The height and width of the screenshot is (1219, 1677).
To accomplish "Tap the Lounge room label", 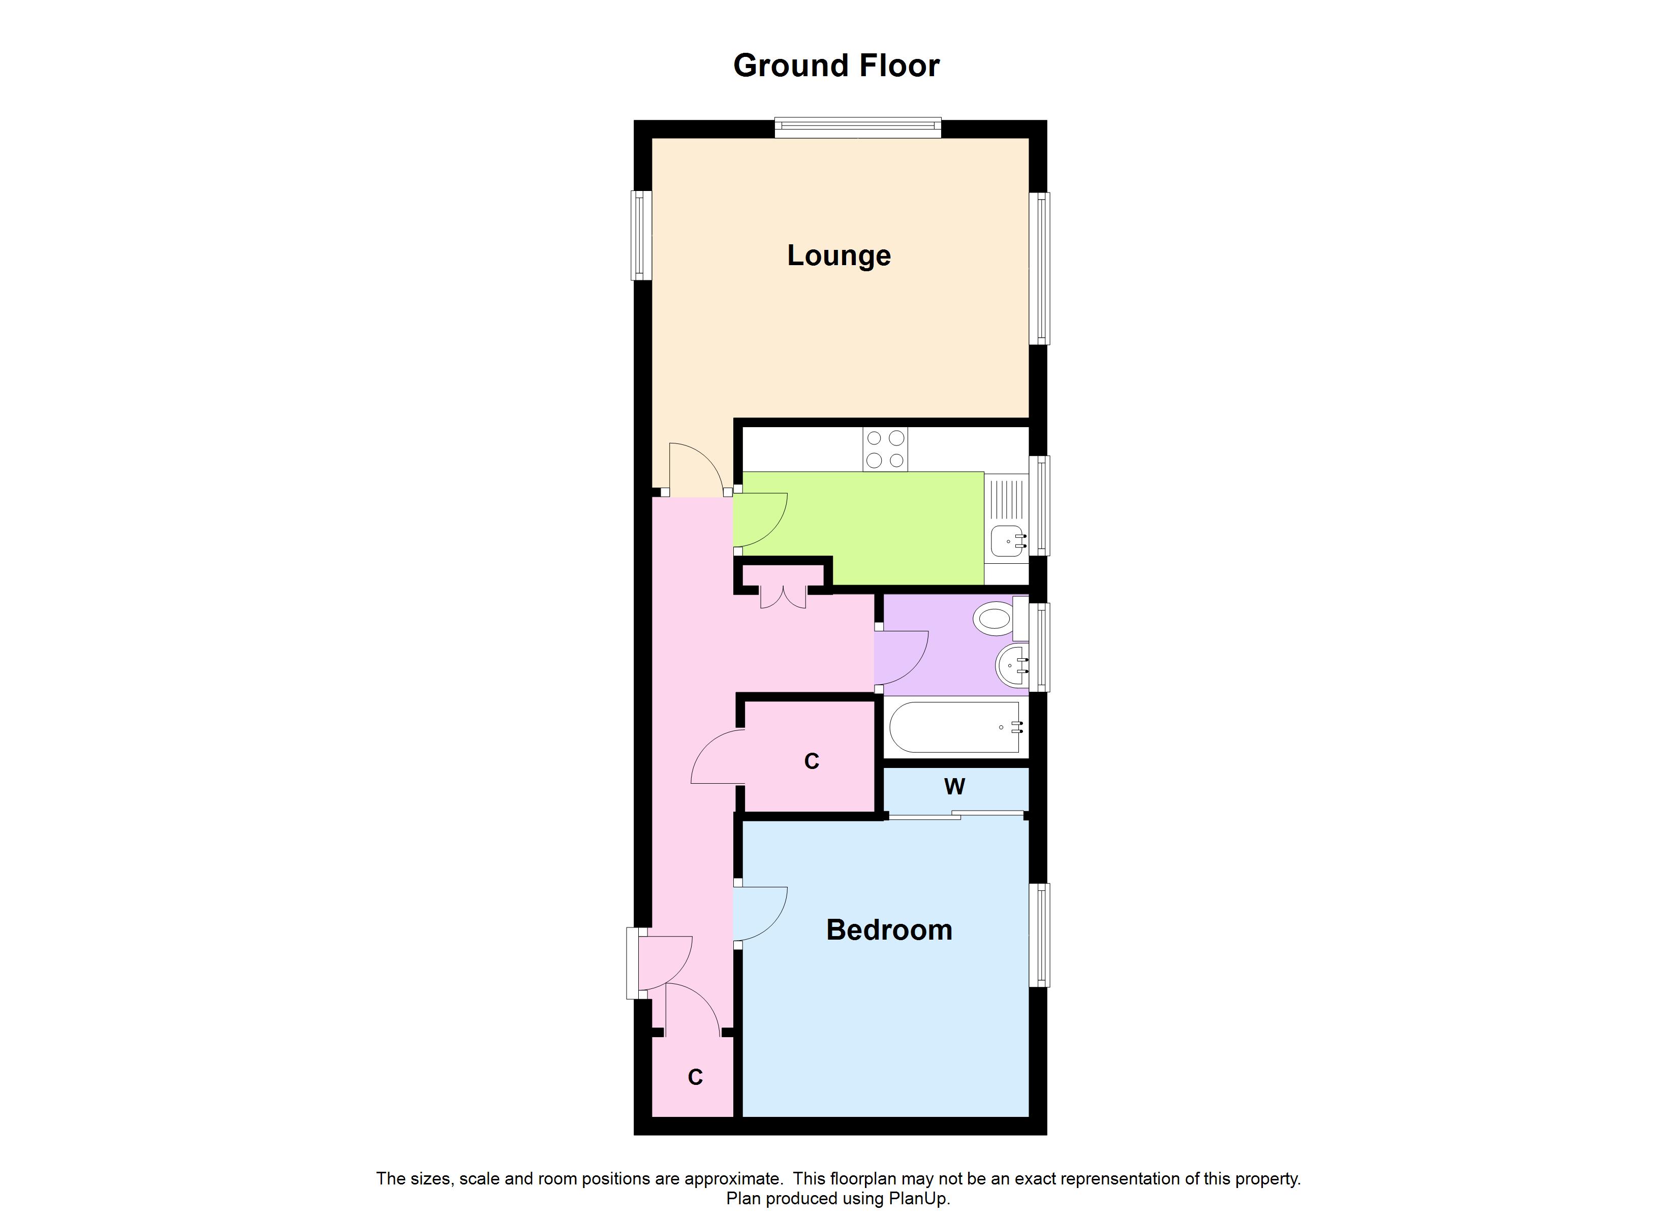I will click(x=838, y=256).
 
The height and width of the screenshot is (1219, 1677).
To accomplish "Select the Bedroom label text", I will click(x=889, y=930).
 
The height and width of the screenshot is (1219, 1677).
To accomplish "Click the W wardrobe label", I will click(x=954, y=787).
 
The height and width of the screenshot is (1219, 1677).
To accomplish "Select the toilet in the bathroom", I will click(x=995, y=618).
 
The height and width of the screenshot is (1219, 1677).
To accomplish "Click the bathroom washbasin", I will click(x=1010, y=666).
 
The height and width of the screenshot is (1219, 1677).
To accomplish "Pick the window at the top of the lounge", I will click(x=858, y=129).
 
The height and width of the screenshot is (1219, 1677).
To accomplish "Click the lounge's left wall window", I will click(x=641, y=236).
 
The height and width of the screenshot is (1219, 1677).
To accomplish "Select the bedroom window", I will click(x=1039, y=935).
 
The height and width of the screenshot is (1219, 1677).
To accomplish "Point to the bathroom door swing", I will click(x=900, y=657).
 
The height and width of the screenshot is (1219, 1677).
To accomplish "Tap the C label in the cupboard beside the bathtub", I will click(x=811, y=761).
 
